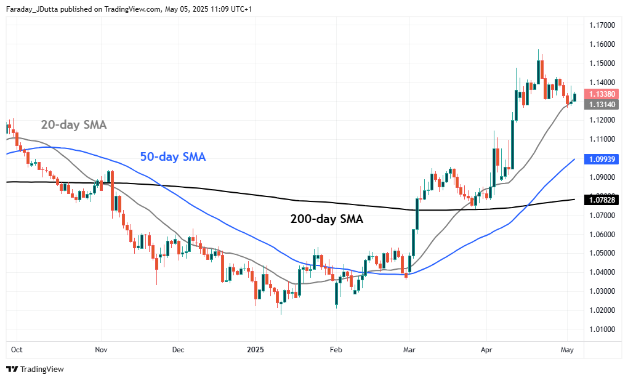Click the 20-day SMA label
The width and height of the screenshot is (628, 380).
click(x=74, y=125)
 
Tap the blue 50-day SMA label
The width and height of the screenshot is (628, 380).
click(x=173, y=157)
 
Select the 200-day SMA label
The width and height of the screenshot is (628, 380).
click(x=326, y=219)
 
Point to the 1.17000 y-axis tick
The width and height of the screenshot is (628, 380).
click(x=601, y=25)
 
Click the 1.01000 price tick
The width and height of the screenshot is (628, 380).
click(x=601, y=329)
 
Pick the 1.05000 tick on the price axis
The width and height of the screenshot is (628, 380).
click(x=601, y=253)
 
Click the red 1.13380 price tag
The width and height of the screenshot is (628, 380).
click(x=600, y=94)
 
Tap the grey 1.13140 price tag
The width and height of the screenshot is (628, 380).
click(x=600, y=105)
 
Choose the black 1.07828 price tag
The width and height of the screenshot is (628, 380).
click(x=600, y=200)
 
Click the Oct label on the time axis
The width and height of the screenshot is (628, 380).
click(x=17, y=350)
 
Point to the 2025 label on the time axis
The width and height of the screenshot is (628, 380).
click(x=255, y=350)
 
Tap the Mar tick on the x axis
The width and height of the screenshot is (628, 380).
click(x=409, y=350)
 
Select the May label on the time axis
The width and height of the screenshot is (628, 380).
click(x=568, y=350)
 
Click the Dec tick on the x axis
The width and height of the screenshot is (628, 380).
click(x=177, y=350)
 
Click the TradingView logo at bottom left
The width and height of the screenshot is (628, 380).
click(x=35, y=369)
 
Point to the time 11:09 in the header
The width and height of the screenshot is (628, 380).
click(x=212, y=9)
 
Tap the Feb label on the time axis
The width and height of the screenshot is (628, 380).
click(x=336, y=350)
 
